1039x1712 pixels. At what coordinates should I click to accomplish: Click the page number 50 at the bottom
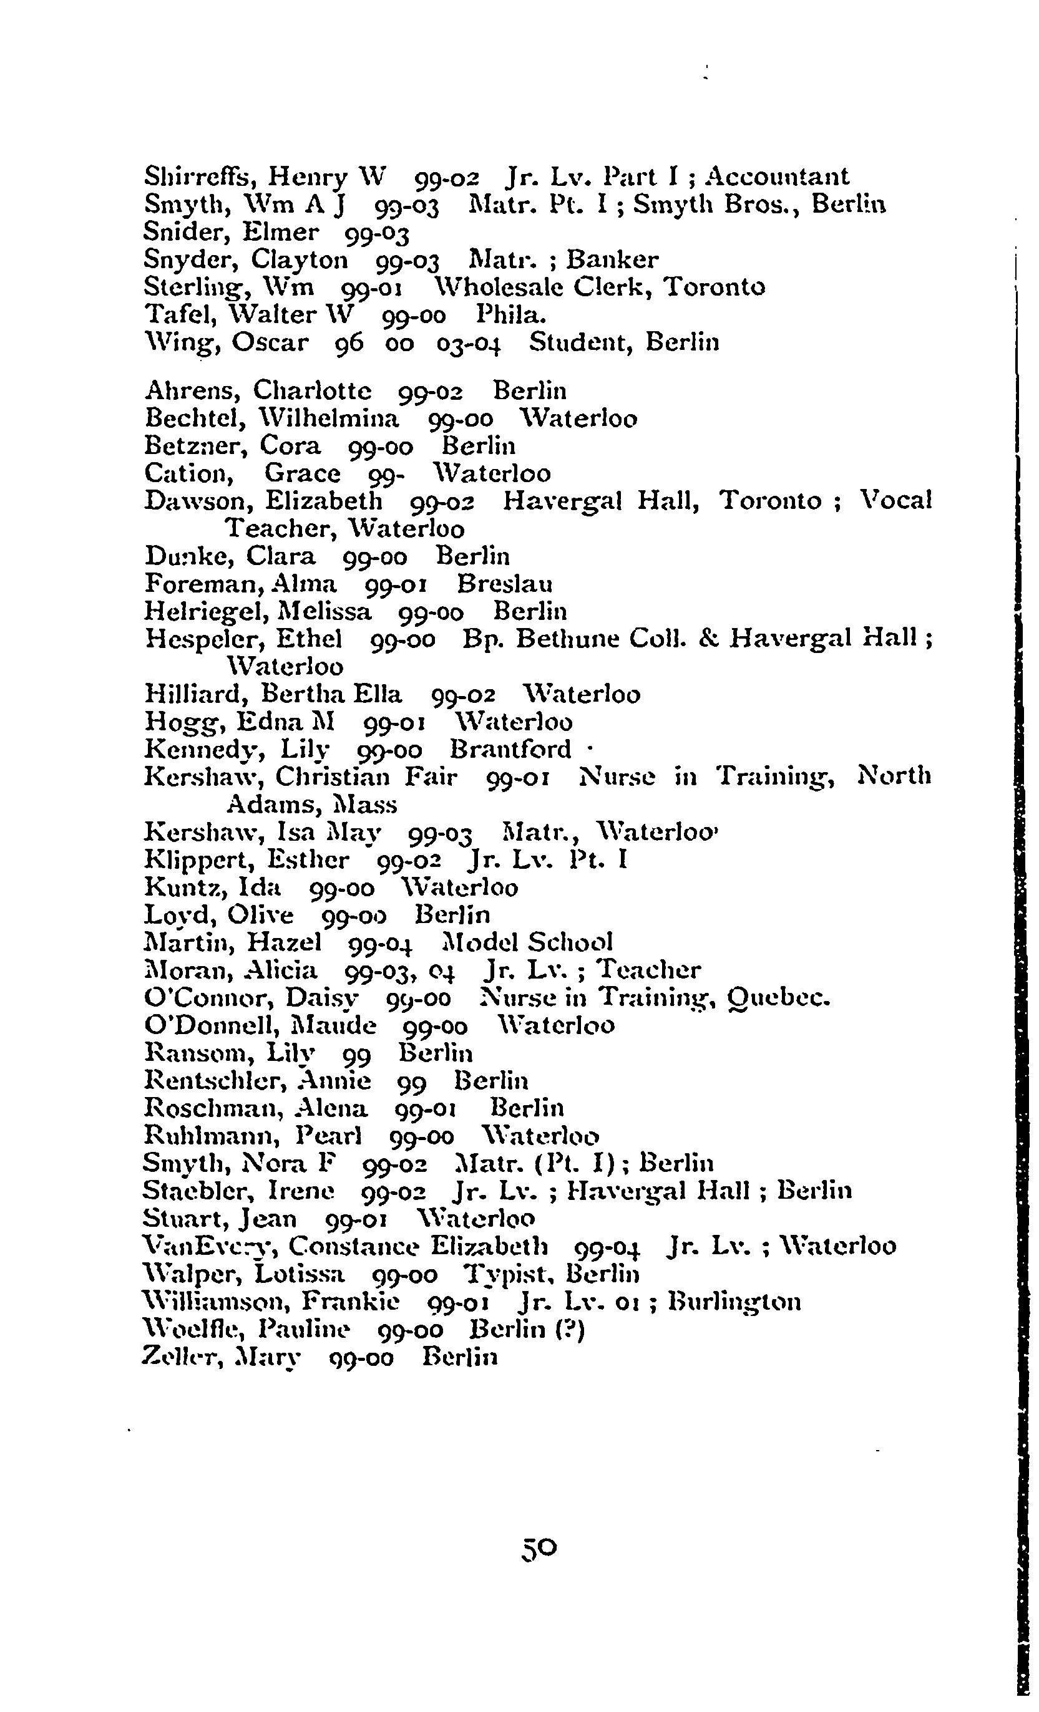[539, 1547]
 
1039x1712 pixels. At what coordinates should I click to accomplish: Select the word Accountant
[777, 177]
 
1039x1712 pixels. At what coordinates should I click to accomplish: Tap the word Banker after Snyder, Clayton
[612, 260]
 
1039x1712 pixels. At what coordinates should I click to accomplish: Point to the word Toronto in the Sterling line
[715, 287]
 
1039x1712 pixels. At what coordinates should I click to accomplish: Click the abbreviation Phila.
[511, 315]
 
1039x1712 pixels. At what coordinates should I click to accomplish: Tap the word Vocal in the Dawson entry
[896, 500]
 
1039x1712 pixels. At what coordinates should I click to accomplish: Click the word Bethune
[567, 639]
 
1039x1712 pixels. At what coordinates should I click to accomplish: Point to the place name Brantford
[511, 749]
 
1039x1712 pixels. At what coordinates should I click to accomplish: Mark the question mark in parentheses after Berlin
[575, 1329]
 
